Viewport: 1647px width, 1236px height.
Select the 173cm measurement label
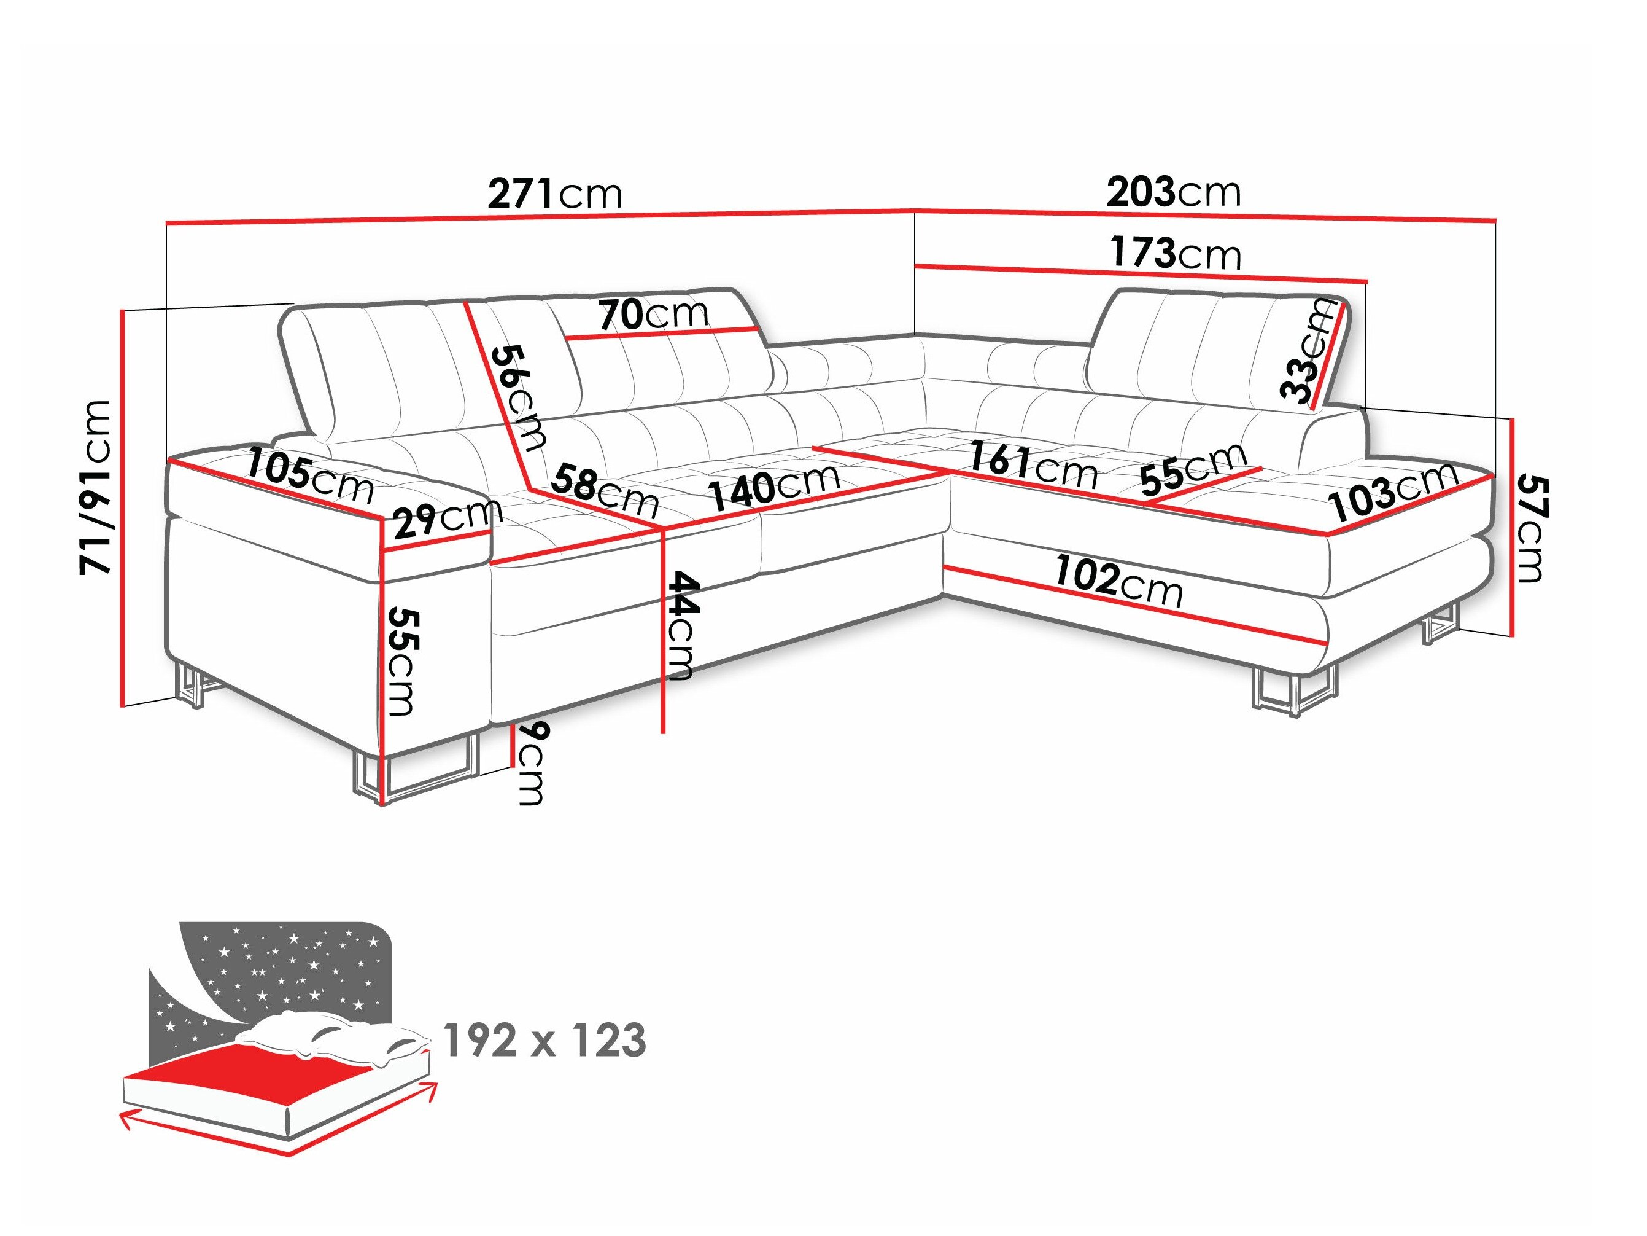[1176, 253]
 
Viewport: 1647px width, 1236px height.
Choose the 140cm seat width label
[773, 487]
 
